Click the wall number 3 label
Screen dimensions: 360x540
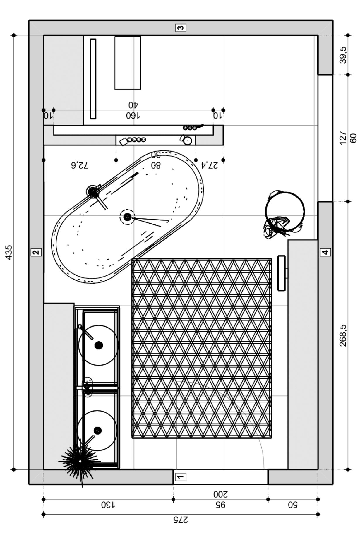click(181, 28)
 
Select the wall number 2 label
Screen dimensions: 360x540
click(36, 252)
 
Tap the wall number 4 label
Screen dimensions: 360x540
click(325, 252)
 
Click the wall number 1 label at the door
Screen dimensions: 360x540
click(181, 477)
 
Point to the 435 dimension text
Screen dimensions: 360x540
click(9, 252)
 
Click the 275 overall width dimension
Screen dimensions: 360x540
click(181, 520)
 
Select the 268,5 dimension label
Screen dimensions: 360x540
click(343, 335)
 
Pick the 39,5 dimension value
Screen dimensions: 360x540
click(343, 55)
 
